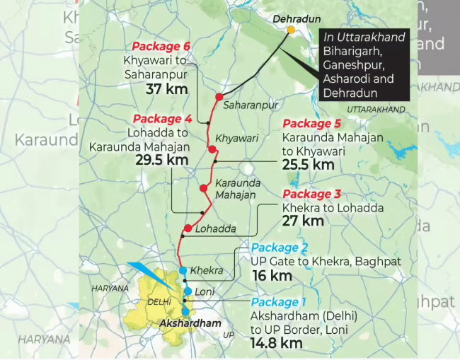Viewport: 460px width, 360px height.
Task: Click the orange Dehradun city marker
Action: [291, 30]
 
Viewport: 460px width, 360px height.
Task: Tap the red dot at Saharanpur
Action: [219, 97]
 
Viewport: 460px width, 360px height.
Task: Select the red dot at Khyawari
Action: [212, 149]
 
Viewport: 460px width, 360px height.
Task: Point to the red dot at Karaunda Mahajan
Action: [203, 188]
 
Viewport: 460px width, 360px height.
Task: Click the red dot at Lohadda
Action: [188, 228]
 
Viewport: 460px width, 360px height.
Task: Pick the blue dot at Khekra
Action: [183, 271]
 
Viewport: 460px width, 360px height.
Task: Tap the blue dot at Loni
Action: [188, 291]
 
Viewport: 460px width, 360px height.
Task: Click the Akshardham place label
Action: [185, 324]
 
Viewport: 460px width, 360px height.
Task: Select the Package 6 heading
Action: [161, 47]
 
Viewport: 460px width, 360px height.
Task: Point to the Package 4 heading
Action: [162, 119]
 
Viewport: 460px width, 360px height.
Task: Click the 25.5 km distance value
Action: [308, 164]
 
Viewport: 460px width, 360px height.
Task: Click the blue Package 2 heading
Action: [280, 248]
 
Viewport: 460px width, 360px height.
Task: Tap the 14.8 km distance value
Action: [277, 344]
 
